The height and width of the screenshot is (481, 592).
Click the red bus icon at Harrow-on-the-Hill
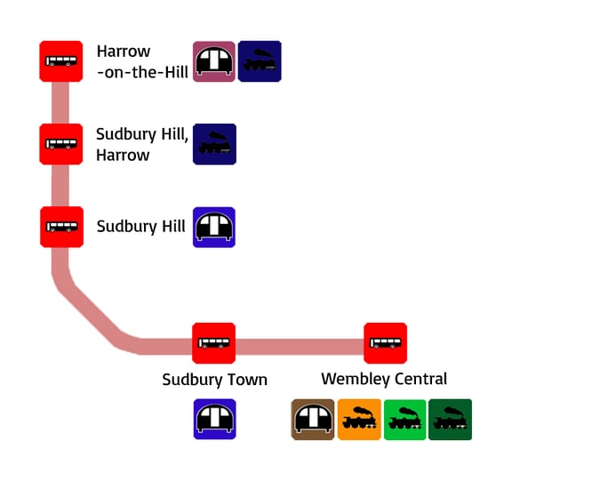pos(60,61)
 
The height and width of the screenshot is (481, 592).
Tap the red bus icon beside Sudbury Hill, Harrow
pos(60,143)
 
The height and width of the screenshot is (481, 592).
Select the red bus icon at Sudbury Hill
pos(60,226)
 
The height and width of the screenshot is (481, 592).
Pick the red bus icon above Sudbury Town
pos(213,343)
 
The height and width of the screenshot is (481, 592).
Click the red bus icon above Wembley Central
pos(385,343)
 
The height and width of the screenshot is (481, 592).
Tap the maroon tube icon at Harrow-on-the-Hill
pos(214,61)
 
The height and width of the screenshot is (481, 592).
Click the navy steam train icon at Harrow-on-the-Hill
pos(260,61)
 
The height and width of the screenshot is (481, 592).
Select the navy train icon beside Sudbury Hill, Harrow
pos(214,144)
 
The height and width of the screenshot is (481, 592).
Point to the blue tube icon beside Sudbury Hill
pos(214,227)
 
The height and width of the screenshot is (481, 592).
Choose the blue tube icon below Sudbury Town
pos(214,419)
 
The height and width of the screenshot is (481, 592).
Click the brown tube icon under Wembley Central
pos(313,420)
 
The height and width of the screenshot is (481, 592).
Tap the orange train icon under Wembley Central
pos(359,420)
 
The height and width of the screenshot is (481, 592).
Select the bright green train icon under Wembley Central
pos(404,420)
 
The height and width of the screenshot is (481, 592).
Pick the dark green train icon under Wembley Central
pos(450,420)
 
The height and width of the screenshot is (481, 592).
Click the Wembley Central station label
pos(384,380)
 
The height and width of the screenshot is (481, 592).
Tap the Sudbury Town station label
pos(214,380)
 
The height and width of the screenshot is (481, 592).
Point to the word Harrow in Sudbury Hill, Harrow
pos(123,156)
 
